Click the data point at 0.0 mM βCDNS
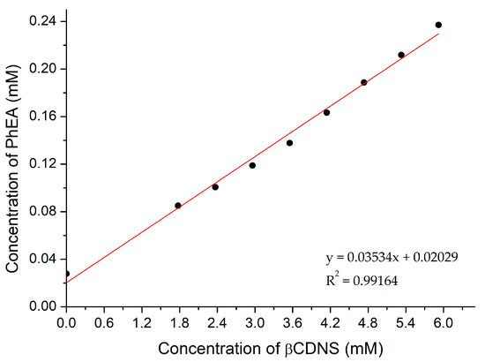[x=66, y=274]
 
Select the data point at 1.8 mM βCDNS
[x=178, y=206]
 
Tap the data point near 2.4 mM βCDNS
[x=215, y=187]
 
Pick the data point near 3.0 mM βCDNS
[x=252, y=165]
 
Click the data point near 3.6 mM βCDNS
[x=289, y=143]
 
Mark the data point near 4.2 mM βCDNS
[x=326, y=112]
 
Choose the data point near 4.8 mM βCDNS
[x=363, y=82]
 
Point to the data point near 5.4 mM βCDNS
[x=401, y=55]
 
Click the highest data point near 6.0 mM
[x=438, y=25]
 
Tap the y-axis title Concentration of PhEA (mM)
[x=12, y=159]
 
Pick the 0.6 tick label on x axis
[x=103, y=321]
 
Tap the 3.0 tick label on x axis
[x=253, y=321]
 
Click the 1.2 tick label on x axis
[x=141, y=321]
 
